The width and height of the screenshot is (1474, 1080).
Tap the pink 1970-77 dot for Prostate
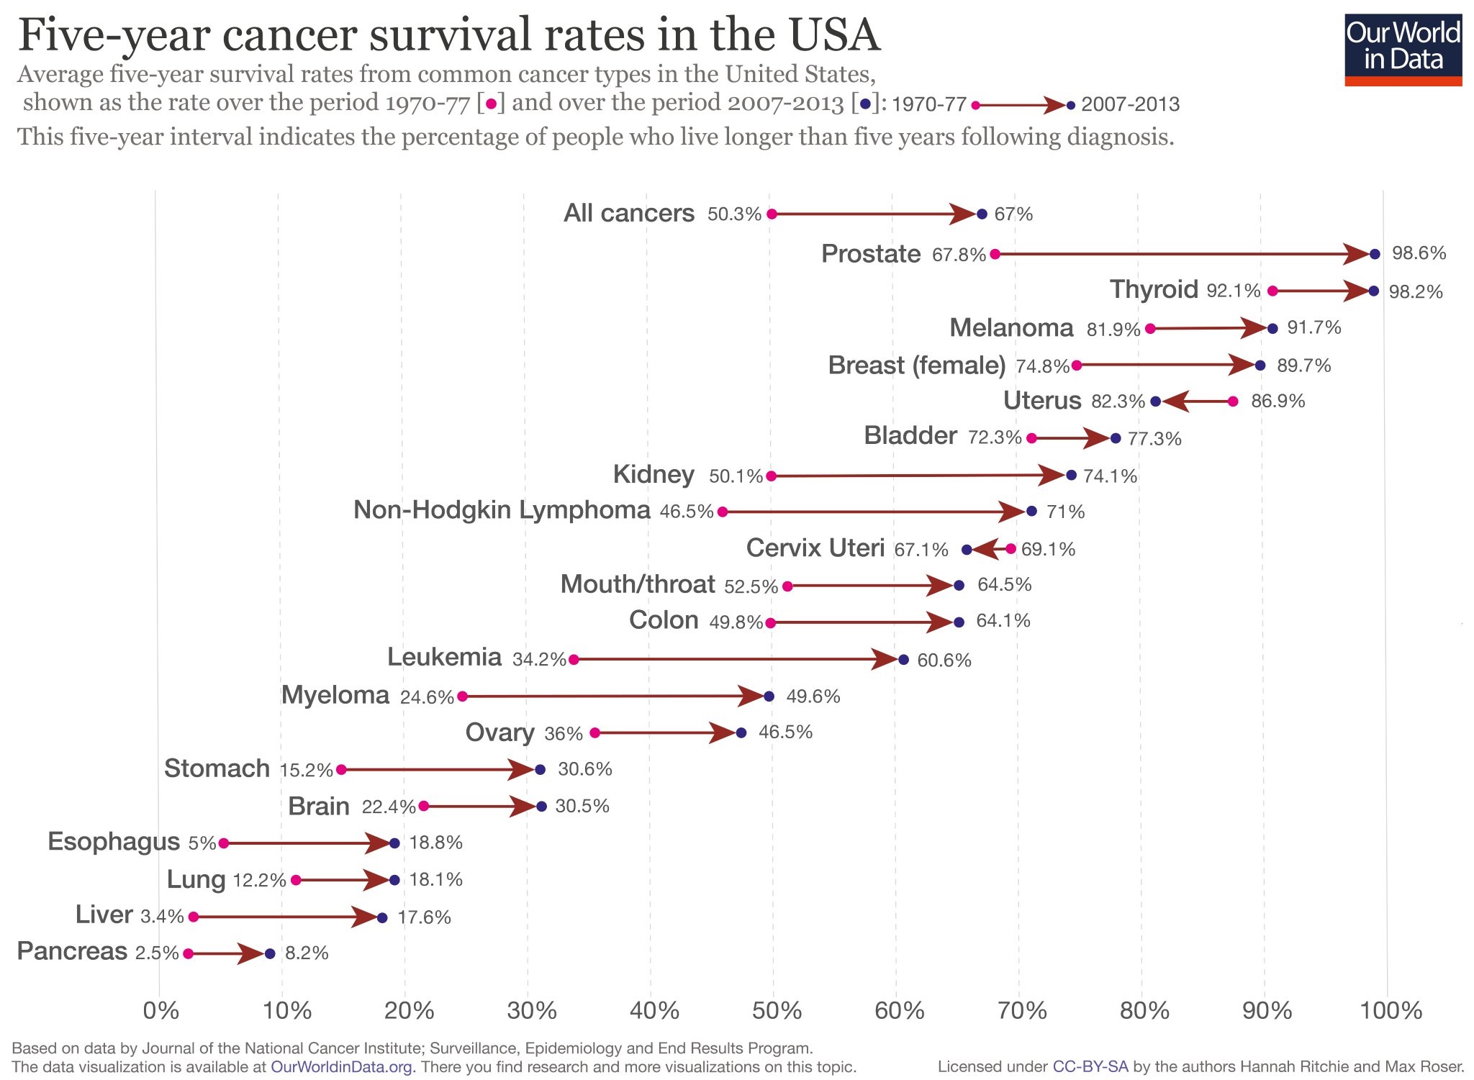coord(995,254)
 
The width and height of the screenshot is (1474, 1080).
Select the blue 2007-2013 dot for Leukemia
coord(903,660)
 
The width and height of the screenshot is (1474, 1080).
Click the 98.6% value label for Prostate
coord(1419,253)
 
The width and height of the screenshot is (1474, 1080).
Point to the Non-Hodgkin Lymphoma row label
coord(502,510)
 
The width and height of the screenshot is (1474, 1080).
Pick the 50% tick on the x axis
coord(777,1011)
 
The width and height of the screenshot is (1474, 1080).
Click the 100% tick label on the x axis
coord(1391,1011)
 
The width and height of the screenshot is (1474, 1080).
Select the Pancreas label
coord(72,951)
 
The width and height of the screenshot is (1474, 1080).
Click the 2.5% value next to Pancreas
coord(156,953)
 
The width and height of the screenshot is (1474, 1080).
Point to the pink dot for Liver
coord(193,917)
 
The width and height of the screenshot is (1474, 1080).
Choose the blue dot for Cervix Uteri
coord(967,550)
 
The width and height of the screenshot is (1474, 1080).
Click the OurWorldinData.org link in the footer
coord(341,1067)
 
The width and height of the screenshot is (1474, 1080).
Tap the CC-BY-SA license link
coord(1090,1067)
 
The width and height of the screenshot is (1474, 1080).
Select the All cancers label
coord(628,214)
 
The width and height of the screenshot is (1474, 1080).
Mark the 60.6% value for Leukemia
coord(944,661)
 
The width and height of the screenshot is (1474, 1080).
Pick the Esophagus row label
coord(114,842)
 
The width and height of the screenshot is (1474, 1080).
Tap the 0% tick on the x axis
coord(160,1011)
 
